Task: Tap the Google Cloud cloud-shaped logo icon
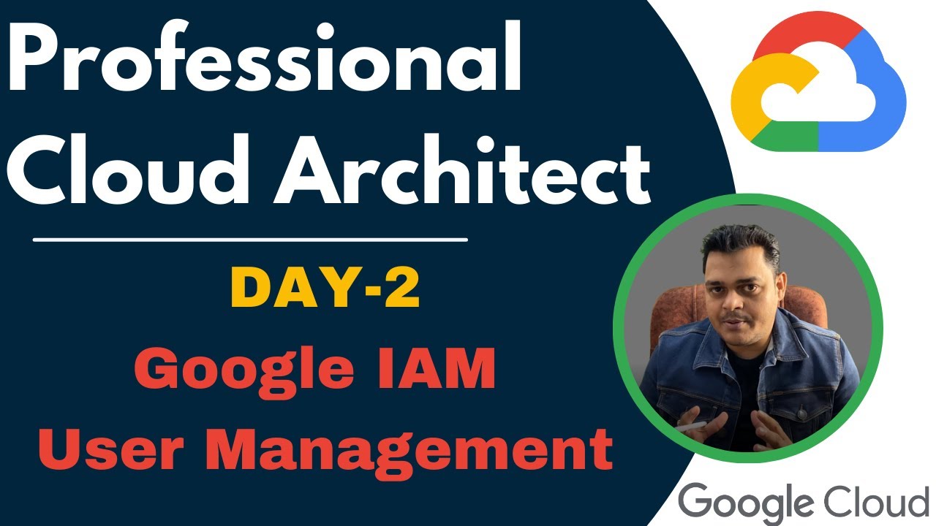pyautogui.click(x=818, y=88)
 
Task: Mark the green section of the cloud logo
pyautogui.click(x=790, y=139)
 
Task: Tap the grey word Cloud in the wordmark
pyautogui.click(x=873, y=500)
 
